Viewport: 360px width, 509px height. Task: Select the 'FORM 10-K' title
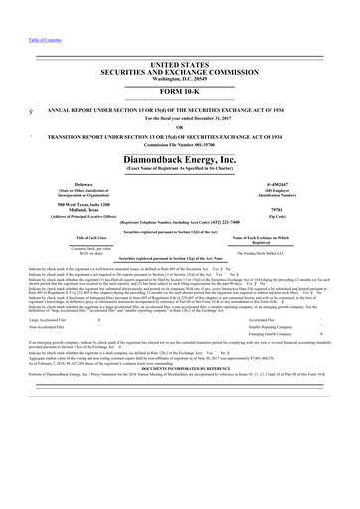pyautogui.click(x=179, y=65)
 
